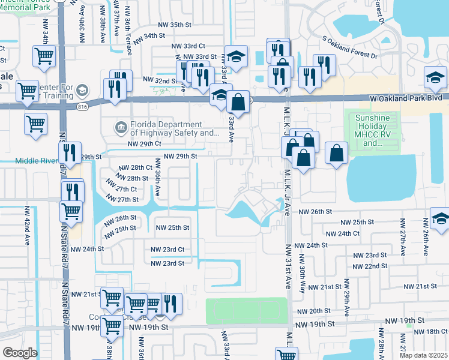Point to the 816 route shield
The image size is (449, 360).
[x=82, y=106]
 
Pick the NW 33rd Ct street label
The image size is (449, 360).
[x=188, y=46]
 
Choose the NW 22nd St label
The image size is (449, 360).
[x=370, y=266]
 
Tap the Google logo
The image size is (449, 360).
[x=20, y=353]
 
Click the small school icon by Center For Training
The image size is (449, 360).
[x=82, y=89]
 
